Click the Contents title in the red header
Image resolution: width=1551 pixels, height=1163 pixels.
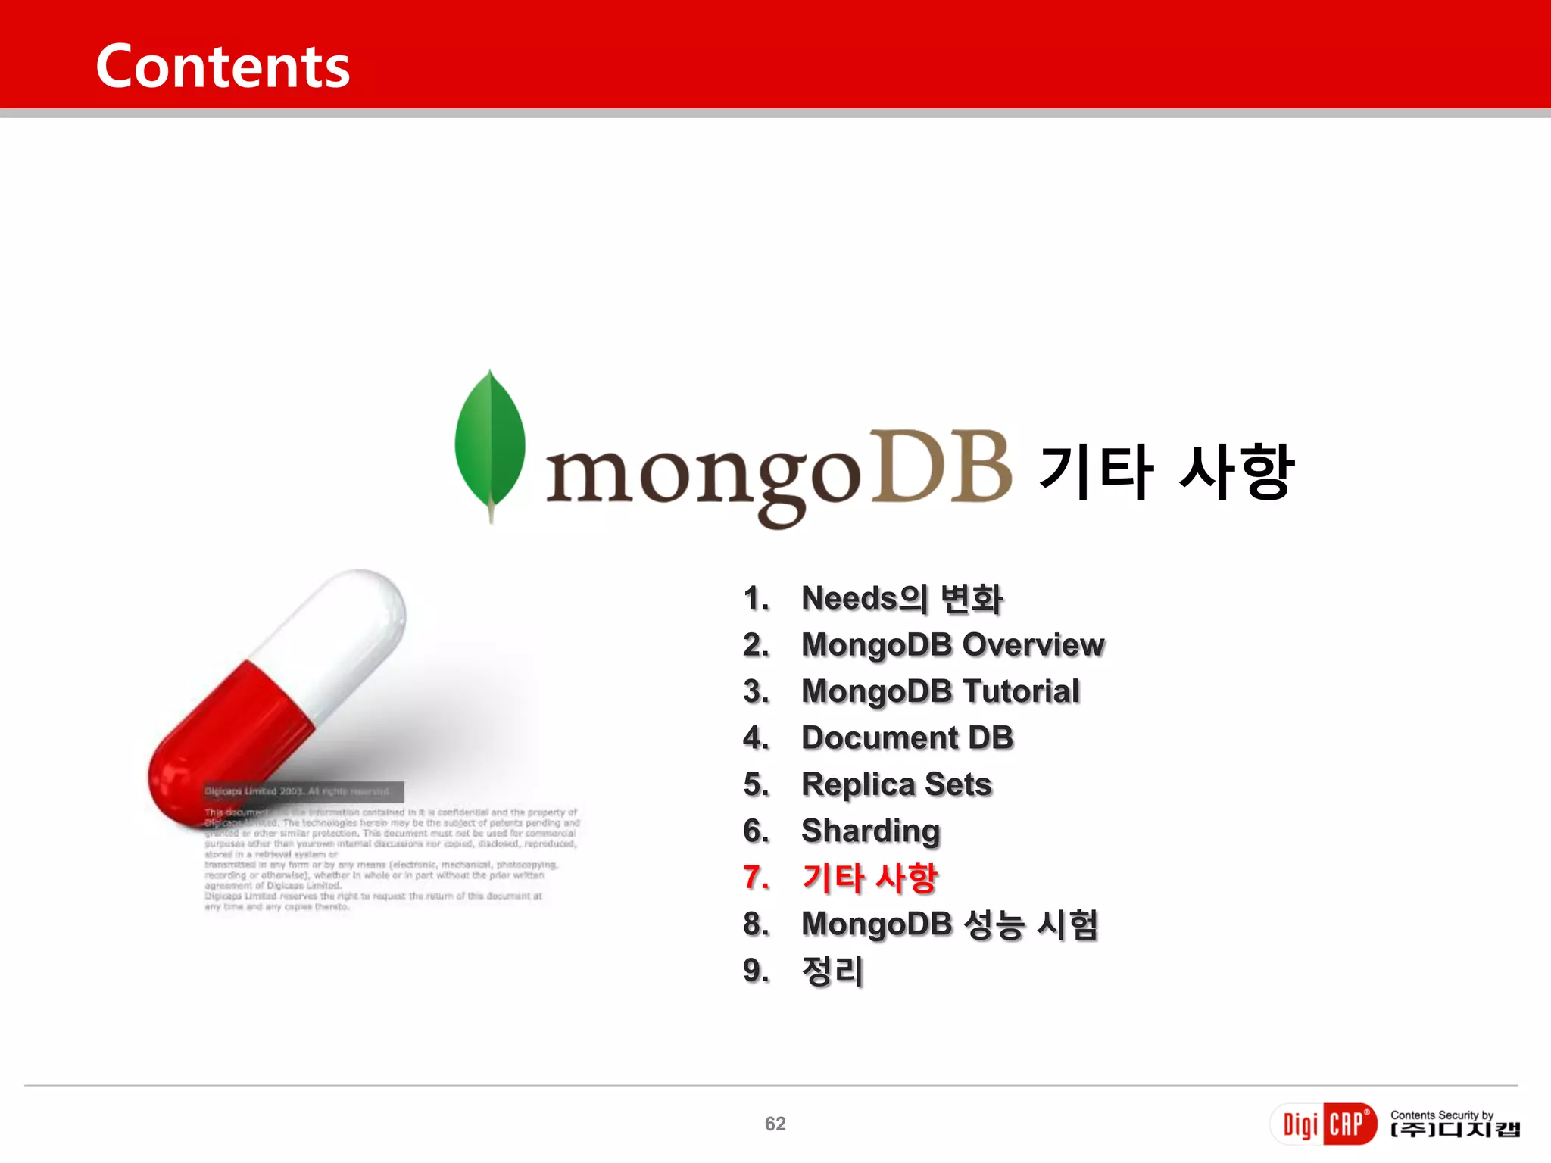coord(223,67)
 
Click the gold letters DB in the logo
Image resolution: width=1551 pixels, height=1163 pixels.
coord(941,467)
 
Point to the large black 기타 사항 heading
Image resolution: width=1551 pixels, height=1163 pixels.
coord(1166,472)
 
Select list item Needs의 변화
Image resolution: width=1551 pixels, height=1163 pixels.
coord(902,599)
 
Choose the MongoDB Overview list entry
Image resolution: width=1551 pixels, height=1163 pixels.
coord(953,645)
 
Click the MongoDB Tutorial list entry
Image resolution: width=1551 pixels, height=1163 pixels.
coord(940,691)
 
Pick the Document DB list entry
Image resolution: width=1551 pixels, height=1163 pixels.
coord(907,738)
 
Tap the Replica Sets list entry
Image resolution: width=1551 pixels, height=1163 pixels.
coord(897,784)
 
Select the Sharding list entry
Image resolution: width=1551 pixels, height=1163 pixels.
coord(871,831)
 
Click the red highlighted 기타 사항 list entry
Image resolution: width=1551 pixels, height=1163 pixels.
coord(869,878)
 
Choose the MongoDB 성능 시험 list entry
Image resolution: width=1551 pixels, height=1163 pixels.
coord(950,924)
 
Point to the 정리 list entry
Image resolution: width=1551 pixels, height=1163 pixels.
coord(832,971)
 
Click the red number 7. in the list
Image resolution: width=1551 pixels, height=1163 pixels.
coord(756,878)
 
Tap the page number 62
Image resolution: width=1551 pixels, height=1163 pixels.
coord(775,1124)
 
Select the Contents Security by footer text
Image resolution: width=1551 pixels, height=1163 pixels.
coord(1441,1115)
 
